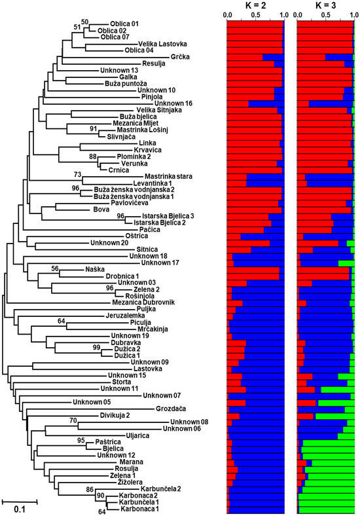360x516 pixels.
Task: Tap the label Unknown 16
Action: tap(173, 103)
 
